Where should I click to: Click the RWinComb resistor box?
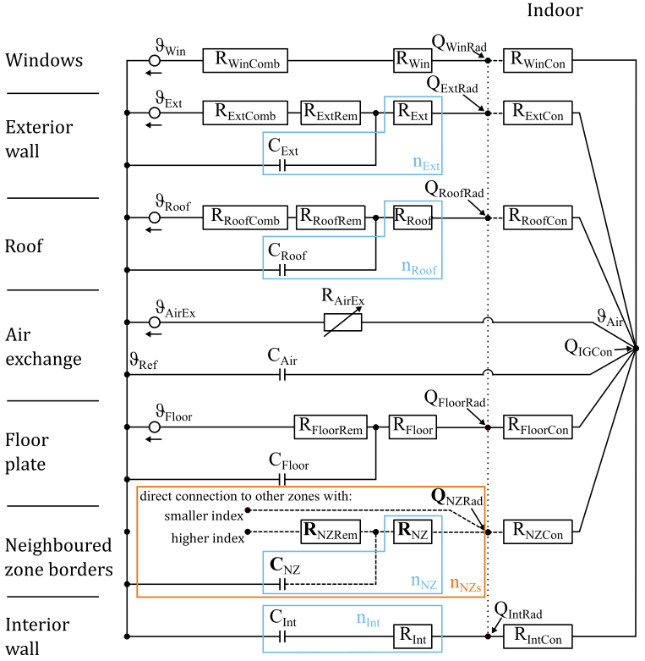(245, 60)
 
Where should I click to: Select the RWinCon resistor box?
(538, 60)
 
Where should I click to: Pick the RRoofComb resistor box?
(245, 218)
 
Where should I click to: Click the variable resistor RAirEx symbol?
(343, 322)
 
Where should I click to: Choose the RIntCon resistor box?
(538, 636)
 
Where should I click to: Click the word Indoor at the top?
(555, 10)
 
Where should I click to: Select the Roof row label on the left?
(24, 246)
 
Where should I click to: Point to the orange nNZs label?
(466, 582)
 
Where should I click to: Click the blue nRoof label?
(419, 269)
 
